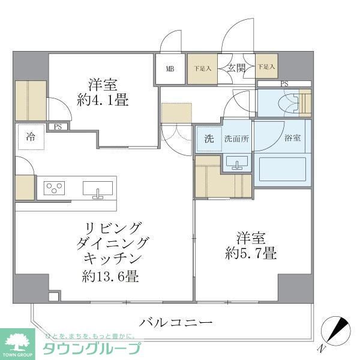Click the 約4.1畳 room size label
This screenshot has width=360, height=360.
[102, 100]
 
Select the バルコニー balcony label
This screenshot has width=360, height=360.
[176, 323]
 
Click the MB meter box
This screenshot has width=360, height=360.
[170, 68]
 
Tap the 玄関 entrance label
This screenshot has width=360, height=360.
[235, 68]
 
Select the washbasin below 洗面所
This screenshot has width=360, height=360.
[237, 163]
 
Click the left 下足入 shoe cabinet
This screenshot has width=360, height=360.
[202, 68]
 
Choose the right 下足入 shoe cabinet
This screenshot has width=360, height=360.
[265, 68]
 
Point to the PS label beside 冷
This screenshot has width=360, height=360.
[58, 127]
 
